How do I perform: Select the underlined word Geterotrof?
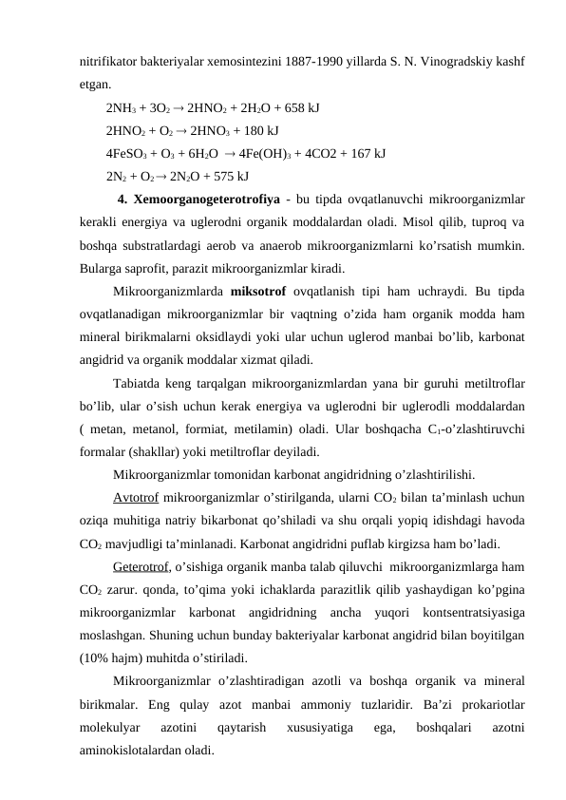(141, 567)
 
